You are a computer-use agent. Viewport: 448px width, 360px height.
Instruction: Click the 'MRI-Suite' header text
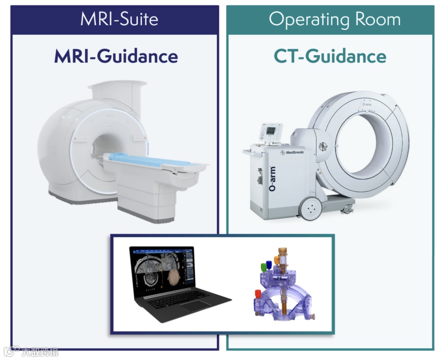coord(119,19)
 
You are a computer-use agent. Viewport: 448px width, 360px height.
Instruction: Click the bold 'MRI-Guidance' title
coord(116,56)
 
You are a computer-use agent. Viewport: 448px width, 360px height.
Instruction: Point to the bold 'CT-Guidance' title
coord(330,56)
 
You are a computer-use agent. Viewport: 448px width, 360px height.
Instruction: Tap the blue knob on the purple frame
coord(269,264)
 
